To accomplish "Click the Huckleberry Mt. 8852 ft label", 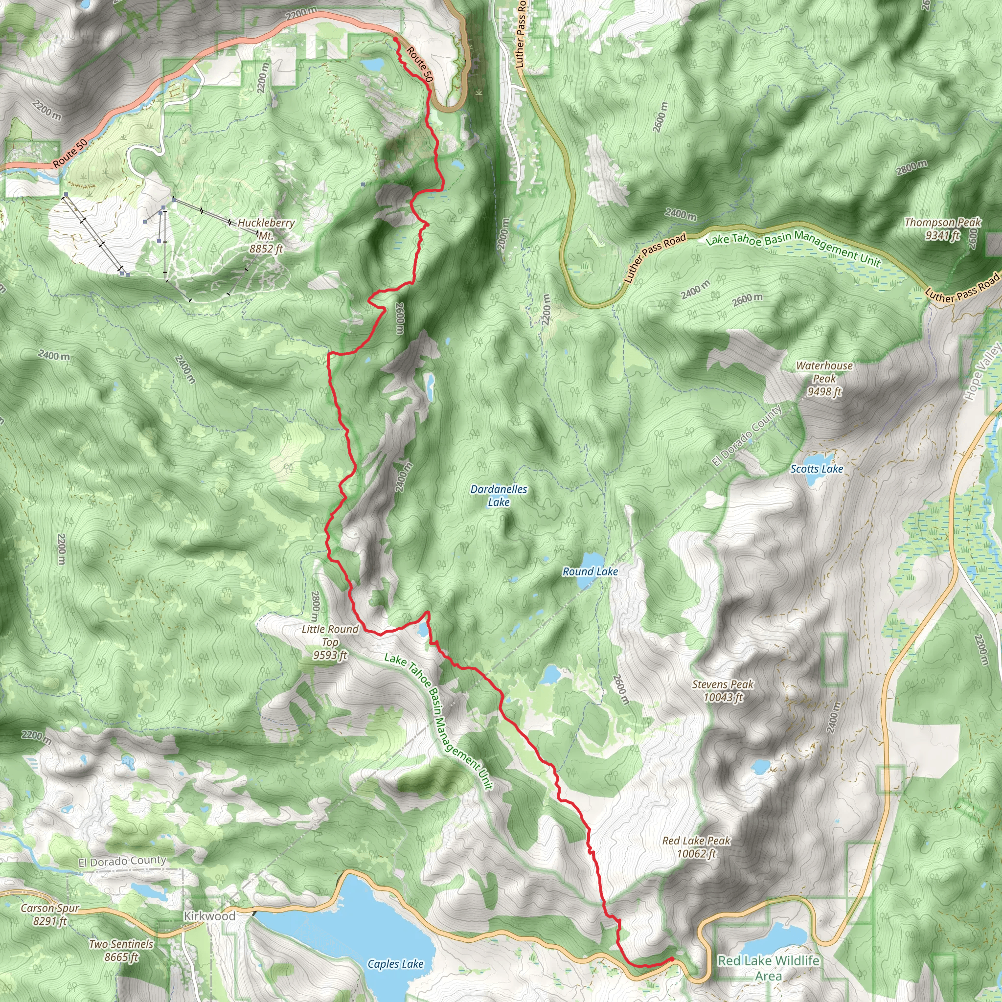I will [x=266, y=236].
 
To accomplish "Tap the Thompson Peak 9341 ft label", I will [x=942, y=228].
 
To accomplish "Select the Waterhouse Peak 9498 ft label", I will [x=824, y=379].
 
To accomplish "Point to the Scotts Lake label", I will [x=817, y=469].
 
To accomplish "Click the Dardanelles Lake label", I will [x=499, y=495].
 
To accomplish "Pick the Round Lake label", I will [x=590, y=571].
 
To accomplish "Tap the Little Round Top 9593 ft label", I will [x=330, y=642].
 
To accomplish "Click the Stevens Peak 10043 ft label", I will [x=723, y=691].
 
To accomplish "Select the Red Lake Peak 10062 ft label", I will [x=696, y=847].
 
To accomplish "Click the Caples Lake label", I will [x=395, y=964].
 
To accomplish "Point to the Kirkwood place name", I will [x=209, y=916].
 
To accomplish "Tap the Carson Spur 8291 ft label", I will [x=50, y=914].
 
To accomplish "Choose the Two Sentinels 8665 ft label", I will [x=121, y=950].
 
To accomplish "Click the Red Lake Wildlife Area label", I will [x=768, y=968].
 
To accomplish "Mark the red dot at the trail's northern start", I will [x=395, y=40].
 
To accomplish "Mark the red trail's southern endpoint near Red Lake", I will [x=672, y=959].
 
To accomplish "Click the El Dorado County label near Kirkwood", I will [x=122, y=862].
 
